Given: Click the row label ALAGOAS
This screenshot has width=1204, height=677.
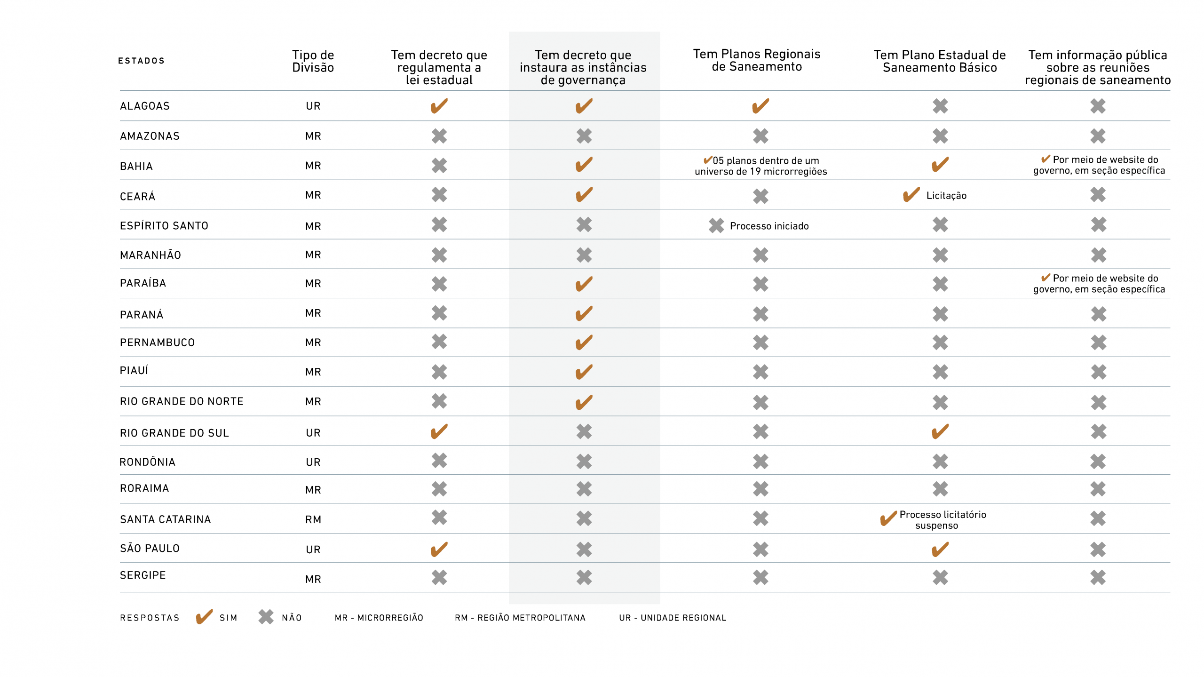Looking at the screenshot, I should tap(144, 106).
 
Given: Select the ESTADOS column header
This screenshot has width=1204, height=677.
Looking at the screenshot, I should tap(141, 61).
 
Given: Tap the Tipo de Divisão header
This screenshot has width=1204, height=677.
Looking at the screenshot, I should tap(313, 61).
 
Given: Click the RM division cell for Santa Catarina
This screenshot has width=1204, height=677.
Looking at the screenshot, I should tap(313, 519).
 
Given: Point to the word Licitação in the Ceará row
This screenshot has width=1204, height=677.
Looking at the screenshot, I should tap(946, 196).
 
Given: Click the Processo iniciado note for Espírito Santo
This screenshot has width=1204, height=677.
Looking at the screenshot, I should tap(769, 226).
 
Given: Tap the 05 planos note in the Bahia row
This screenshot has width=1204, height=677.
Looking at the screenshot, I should tap(761, 166).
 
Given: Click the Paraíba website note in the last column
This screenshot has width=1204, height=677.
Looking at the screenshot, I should tap(1099, 284).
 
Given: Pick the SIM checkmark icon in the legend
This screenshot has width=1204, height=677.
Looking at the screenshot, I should tap(204, 617).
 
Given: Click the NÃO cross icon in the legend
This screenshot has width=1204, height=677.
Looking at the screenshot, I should tap(266, 617).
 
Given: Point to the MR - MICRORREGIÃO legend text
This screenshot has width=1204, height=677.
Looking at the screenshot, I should tap(379, 618).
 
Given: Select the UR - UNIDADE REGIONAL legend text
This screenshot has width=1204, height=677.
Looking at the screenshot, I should tap(673, 618).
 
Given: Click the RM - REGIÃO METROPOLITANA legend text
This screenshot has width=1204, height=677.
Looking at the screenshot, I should tap(520, 618).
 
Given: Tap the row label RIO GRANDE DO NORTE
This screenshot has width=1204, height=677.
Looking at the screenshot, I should tap(182, 401).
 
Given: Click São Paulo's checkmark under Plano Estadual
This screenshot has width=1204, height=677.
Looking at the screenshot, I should tap(940, 549).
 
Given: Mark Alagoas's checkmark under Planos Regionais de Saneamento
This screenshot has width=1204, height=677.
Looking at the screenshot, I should tap(760, 106).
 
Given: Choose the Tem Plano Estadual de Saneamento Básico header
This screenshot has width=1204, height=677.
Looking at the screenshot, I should tap(940, 61).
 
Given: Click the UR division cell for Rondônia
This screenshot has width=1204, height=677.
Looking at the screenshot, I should tap(313, 462).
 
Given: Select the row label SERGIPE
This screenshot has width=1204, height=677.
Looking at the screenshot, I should tap(143, 575).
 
